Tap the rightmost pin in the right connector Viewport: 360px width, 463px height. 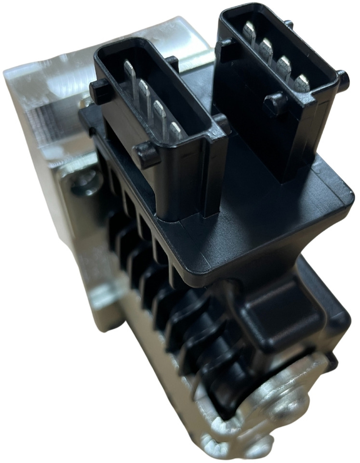pyautogui.click(x=302, y=82)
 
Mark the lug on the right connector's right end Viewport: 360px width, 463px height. pyautogui.click(x=343, y=76)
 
